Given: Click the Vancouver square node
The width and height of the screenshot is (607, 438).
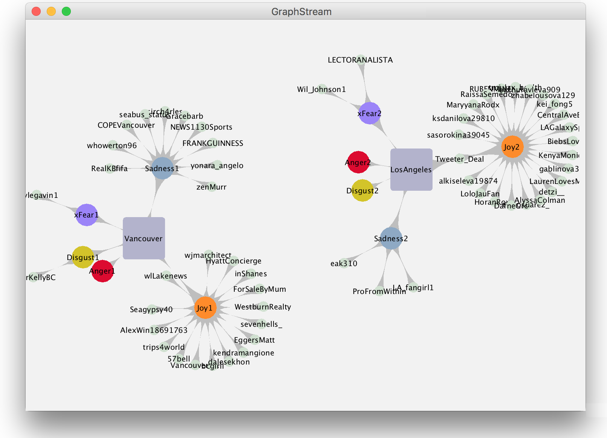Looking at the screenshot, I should [144, 238].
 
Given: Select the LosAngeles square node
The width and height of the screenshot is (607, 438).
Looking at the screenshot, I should [411, 170].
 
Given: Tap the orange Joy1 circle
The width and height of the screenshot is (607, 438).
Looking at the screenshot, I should [205, 308].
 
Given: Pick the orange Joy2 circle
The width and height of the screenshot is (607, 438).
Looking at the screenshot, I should [512, 147].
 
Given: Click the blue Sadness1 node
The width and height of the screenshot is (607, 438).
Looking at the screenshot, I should [162, 168].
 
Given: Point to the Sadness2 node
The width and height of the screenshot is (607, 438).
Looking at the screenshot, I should [391, 238].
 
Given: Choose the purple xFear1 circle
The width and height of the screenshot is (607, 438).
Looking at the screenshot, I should [87, 215].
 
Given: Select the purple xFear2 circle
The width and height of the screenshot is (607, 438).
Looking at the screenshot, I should [370, 113].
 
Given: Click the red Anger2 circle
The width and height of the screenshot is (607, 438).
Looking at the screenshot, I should [358, 162].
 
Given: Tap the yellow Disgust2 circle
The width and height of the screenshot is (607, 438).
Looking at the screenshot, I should [362, 190].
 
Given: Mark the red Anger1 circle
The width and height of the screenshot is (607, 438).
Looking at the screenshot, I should [102, 271].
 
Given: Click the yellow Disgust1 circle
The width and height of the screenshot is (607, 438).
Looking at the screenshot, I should [83, 257].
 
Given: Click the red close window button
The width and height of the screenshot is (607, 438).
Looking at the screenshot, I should [36, 11].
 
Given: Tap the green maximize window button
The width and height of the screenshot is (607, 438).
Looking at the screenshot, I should [66, 11].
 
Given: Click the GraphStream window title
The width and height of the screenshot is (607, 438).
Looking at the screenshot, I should [301, 12].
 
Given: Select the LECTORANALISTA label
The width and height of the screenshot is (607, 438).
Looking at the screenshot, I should [360, 60].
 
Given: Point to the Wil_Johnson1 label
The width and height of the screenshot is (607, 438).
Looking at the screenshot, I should [321, 89].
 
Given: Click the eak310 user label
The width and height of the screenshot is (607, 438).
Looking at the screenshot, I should [344, 263].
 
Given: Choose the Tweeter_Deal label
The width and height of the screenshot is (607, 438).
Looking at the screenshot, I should [459, 159].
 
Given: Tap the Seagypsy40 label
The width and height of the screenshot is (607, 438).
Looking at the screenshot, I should [151, 309].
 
